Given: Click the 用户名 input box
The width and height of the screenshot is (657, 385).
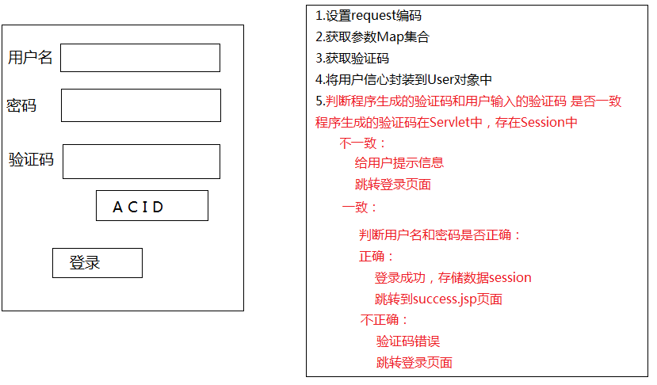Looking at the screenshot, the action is [140, 58].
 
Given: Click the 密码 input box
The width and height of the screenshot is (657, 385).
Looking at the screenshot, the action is [140, 105].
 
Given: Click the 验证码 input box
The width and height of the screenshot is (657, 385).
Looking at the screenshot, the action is [141, 162].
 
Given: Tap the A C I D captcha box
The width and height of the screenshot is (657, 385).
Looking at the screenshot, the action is [151, 206].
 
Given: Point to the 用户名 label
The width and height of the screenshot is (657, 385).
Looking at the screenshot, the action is [30, 58].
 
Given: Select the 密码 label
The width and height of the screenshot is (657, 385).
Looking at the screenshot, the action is [21, 105].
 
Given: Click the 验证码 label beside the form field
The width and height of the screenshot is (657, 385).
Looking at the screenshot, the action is [31, 160].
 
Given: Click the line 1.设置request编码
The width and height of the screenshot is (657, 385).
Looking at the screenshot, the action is [368, 16].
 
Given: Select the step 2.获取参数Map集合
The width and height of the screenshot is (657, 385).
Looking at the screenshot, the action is [372, 37].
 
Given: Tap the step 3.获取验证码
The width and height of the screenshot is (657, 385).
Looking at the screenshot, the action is [352, 59].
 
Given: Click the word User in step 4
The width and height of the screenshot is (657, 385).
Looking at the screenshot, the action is [440, 80].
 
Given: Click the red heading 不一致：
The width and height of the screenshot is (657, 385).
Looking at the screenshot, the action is [363, 143].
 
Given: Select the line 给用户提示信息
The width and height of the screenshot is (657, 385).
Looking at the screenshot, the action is [399, 163].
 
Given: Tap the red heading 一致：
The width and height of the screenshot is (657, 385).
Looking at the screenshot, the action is [360, 208].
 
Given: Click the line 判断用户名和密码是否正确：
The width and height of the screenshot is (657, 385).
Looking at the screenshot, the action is [440, 235].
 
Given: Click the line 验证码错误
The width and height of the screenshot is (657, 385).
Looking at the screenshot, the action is [407, 341].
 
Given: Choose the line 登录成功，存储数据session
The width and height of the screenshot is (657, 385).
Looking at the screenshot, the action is [453, 278].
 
